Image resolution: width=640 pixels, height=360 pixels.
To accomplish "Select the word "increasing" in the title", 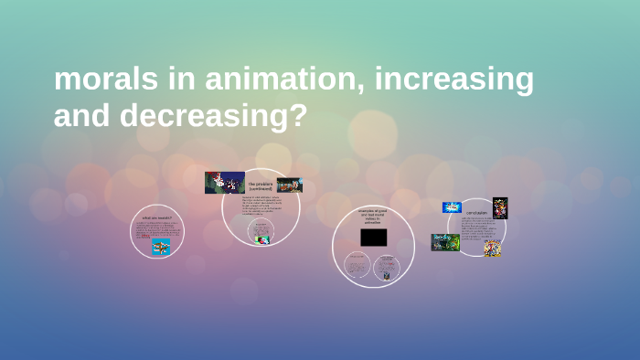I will pyautogui.click(x=455, y=80).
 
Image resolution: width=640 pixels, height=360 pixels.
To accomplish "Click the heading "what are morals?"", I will pyautogui.click(x=156, y=218).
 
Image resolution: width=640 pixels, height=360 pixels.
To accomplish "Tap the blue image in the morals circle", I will pyautogui.click(x=161, y=246).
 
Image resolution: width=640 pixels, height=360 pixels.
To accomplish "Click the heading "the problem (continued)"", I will pyautogui.click(x=261, y=186).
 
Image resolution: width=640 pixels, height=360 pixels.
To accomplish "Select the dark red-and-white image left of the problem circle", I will pyautogui.click(x=224, y=182).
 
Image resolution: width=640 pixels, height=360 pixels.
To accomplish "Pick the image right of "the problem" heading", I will pyautogui.click(x=288, y=185).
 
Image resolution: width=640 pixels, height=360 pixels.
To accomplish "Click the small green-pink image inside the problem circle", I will pyautogui.click(x=261, y=239).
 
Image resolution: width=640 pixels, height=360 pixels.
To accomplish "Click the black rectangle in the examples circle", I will pyautogui.click(x=373, y=238).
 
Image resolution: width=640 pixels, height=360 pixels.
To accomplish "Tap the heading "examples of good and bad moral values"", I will pyautogui.click(x=373, y=217).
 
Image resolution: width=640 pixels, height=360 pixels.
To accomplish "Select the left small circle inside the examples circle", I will pyautogui.click(x=357, y=266).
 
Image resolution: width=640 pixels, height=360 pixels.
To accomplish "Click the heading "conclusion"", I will pyautogui.click(x=477, y=213).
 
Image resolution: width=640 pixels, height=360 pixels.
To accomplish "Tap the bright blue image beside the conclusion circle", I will pyautogui.click(x=452, y=207).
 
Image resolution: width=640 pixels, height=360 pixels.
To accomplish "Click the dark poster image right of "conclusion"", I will pyautogui.click(x=500, y=208).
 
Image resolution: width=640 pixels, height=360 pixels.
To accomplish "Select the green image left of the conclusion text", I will pyautogui.click(x=445, y=242).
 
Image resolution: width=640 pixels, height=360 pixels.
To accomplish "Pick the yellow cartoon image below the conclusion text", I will pyautogui.click(x=492, y=248).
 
